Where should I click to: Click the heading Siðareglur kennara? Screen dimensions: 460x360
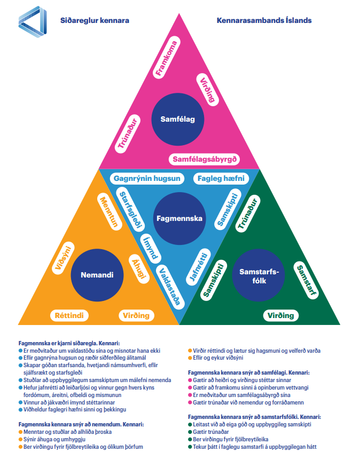coord(95,20)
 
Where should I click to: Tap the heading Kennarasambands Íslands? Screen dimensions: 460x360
coord(264,20)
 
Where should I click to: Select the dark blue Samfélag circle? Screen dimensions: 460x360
coord(178,119)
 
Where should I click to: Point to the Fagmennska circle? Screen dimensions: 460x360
coord(178,218)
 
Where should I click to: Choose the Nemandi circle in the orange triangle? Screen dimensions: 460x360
coord(97,275)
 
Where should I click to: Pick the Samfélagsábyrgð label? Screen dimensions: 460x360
coord(206,159)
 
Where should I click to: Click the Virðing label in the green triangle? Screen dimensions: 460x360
coord(281,315)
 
